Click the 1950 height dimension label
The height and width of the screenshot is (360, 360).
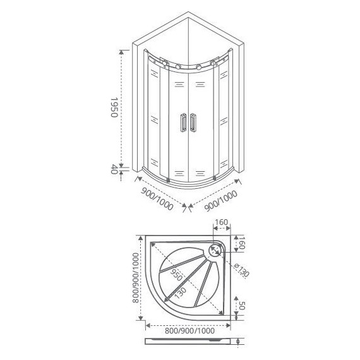[x=114, y=107]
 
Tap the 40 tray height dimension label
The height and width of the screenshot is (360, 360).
[x=114, y=170]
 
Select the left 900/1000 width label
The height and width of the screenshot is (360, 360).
[x=157, y=199]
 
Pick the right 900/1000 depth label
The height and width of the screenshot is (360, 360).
[x=220, y=201]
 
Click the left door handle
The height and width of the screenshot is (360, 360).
[x=183, y=122]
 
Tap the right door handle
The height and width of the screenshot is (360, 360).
[x=193, y=123]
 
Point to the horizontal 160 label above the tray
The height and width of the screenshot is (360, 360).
[x=221, y=222]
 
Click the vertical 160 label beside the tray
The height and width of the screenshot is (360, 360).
[x=241, y=243]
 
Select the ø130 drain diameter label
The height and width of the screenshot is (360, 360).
[x=241, y=270]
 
